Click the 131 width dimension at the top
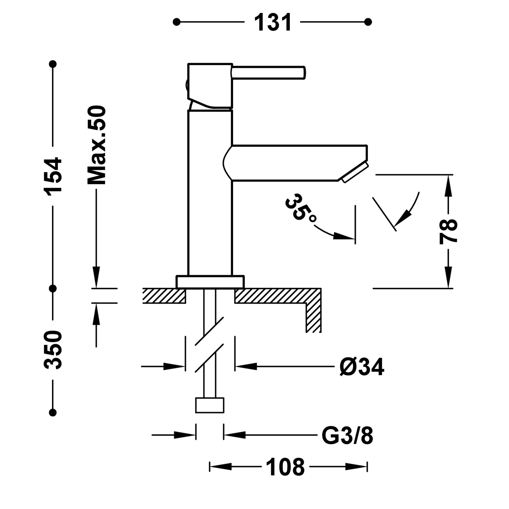coord(272,22)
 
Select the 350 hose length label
coord(53,350)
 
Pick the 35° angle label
coord(299,208)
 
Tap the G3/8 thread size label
coord(347,436)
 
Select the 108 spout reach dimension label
coord(285,467)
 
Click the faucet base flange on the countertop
coord(210,282)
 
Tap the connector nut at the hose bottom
coord(210,405)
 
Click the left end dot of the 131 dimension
coord(176,22)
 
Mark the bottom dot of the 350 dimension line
coord(53,412)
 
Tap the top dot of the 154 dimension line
coord(53,64)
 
